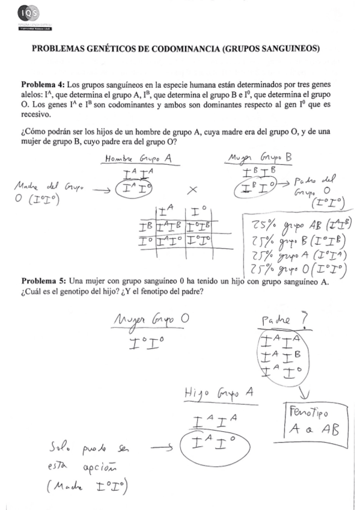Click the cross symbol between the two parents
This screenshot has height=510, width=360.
193,189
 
